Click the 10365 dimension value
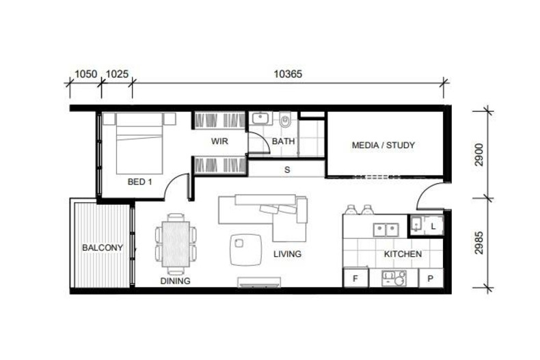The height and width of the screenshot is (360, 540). [288, 74]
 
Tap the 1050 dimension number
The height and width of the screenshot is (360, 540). [85, 74]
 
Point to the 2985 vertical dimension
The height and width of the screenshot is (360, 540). [478, 243]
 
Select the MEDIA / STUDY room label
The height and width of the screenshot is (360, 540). [383, 146]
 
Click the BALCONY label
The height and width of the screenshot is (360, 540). [103, 247]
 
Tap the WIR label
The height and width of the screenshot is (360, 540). [219, 141]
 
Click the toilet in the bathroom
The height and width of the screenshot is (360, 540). [285, 120]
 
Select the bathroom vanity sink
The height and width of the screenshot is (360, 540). [260, 118]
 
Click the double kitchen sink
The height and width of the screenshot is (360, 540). [386, 230]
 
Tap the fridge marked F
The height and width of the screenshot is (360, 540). [355, 278]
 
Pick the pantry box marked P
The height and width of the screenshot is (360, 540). [431, 278]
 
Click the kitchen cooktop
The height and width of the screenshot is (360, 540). [394, 279]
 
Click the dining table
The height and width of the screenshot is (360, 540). [176, 244]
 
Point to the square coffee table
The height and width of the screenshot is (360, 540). [246, 250]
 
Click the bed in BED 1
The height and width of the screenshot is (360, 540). [139, 143]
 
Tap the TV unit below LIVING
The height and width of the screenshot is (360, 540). [259, 282]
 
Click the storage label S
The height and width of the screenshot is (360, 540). [287, 169]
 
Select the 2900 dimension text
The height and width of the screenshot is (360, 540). [478, 155]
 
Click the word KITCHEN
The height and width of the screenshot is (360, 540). [403, 254]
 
